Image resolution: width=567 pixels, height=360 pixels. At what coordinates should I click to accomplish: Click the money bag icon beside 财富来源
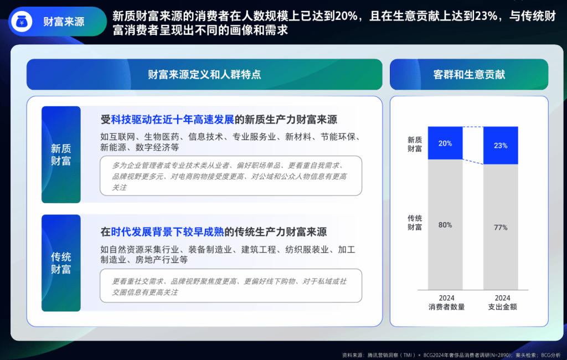click(x=22, y=22)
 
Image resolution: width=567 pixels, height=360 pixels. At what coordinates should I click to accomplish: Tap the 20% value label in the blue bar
click(x=445, y=143)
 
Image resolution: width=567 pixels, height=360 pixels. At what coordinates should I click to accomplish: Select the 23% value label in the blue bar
click(x=501, y=146)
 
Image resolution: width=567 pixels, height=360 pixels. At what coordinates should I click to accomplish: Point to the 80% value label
click(x=445, y=225)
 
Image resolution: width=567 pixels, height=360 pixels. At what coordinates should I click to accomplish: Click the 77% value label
click(x=501, y=228)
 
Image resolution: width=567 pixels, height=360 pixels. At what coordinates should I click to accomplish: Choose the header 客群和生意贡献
click(x=469, y=75)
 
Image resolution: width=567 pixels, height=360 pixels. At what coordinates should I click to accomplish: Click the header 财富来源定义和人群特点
click(x=204, y=75)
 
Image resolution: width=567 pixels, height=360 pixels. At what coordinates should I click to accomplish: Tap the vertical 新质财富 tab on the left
click(x=61, y=155)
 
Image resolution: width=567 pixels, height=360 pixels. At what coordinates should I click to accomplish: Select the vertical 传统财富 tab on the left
click(x=61, y=263)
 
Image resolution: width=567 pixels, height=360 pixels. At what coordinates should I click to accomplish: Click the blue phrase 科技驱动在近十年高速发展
click(x=173, y=120)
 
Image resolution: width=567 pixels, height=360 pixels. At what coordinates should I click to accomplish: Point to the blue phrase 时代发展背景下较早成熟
click(x=167, y=232)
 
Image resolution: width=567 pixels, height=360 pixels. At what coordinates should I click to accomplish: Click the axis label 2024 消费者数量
click(x=447, y=302)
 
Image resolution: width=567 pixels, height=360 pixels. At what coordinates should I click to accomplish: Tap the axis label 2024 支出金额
click(x=502, y=302)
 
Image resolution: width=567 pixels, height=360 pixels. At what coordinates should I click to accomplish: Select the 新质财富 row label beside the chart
click(x=415, y=145)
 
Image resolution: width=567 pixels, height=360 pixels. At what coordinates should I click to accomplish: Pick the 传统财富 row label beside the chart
click(x=415, y=223)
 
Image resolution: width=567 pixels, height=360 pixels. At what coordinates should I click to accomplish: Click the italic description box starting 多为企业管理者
click(x=231, y=176)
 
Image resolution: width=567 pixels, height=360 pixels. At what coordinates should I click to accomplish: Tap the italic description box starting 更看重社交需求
click(x=231, y=286)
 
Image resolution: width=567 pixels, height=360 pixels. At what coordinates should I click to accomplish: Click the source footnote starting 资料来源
click(x=451, y=356)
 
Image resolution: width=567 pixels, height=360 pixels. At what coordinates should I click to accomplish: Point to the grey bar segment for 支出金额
click(x=501, y=227)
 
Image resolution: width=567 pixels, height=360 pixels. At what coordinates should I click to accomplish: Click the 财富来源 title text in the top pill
click(x=64, y=22)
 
